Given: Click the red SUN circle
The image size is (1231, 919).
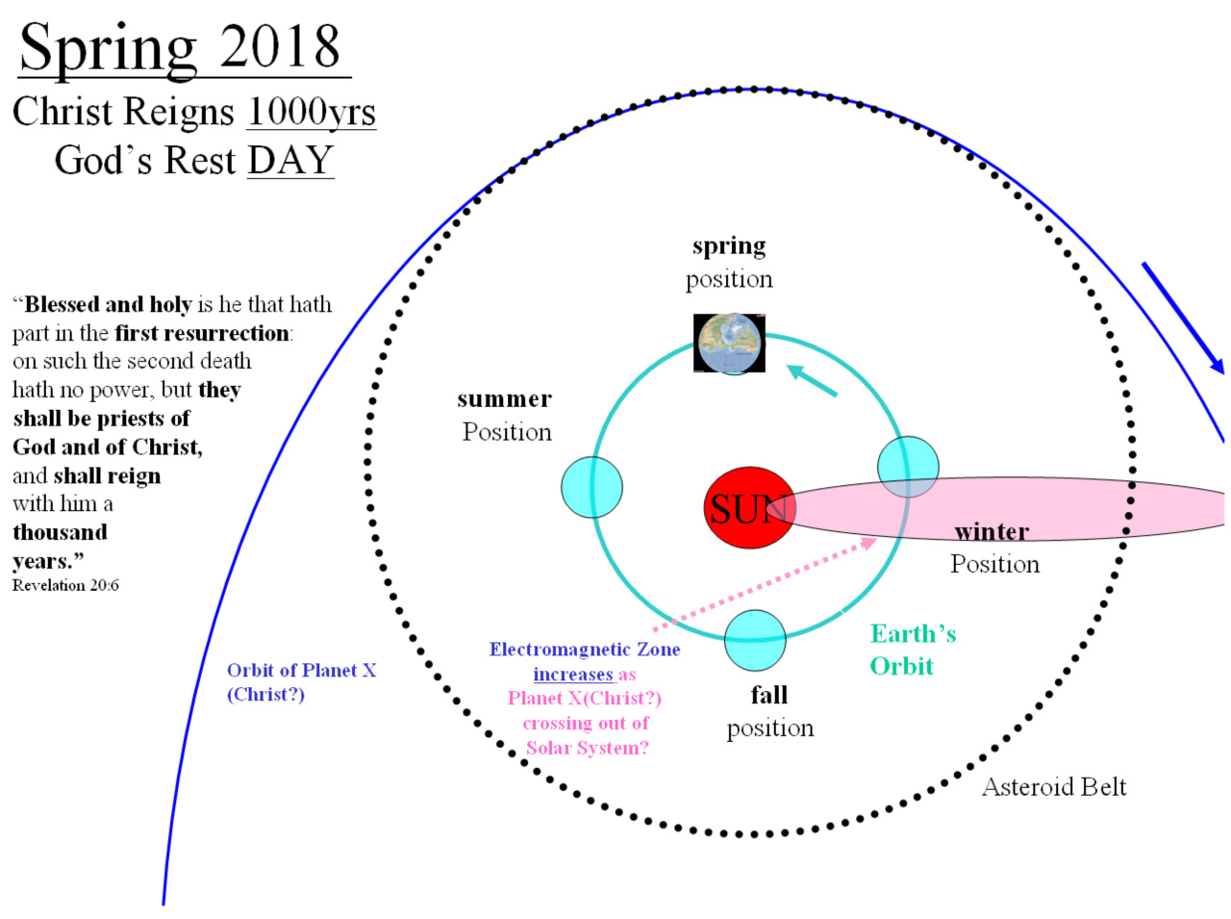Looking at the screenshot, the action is pos(749,507).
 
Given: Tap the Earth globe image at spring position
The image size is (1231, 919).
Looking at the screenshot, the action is pos(729,343).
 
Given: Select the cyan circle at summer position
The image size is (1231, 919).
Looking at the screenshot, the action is pos(591,487).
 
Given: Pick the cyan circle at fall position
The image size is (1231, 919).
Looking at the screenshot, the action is pos(755,640).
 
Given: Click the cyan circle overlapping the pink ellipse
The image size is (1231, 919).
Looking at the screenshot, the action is pos(908,467).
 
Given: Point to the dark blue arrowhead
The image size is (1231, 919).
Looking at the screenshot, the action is pos(1216,365).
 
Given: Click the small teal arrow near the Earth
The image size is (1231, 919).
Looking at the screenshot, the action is pos(812,380).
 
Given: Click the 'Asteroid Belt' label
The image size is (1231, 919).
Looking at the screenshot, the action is pos(1054,786).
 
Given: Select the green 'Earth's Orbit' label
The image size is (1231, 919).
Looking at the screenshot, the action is pos(913,650).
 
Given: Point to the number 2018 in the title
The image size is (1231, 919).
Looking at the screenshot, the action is pos(280,46).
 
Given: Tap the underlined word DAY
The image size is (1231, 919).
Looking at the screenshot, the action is pos(290,160).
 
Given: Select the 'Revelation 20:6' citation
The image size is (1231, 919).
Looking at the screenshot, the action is pos(65,585).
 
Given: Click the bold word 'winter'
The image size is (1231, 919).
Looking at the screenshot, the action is pos(992,531).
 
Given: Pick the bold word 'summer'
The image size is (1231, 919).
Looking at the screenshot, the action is pos(504,399).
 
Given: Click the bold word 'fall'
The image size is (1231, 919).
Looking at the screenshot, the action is pos(768,695).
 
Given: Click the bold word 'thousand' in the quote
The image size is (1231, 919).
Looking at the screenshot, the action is pos(60,532).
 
